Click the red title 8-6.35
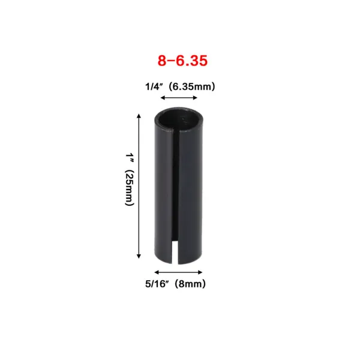click(182, 61)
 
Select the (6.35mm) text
click(192, 87)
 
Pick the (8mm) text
click(190, 284)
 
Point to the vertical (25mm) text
click(129, 188)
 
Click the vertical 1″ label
click(130, 158)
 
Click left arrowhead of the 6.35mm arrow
click(163, 98)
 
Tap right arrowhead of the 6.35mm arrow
click(194, 98)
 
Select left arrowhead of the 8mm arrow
click(157, 272)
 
